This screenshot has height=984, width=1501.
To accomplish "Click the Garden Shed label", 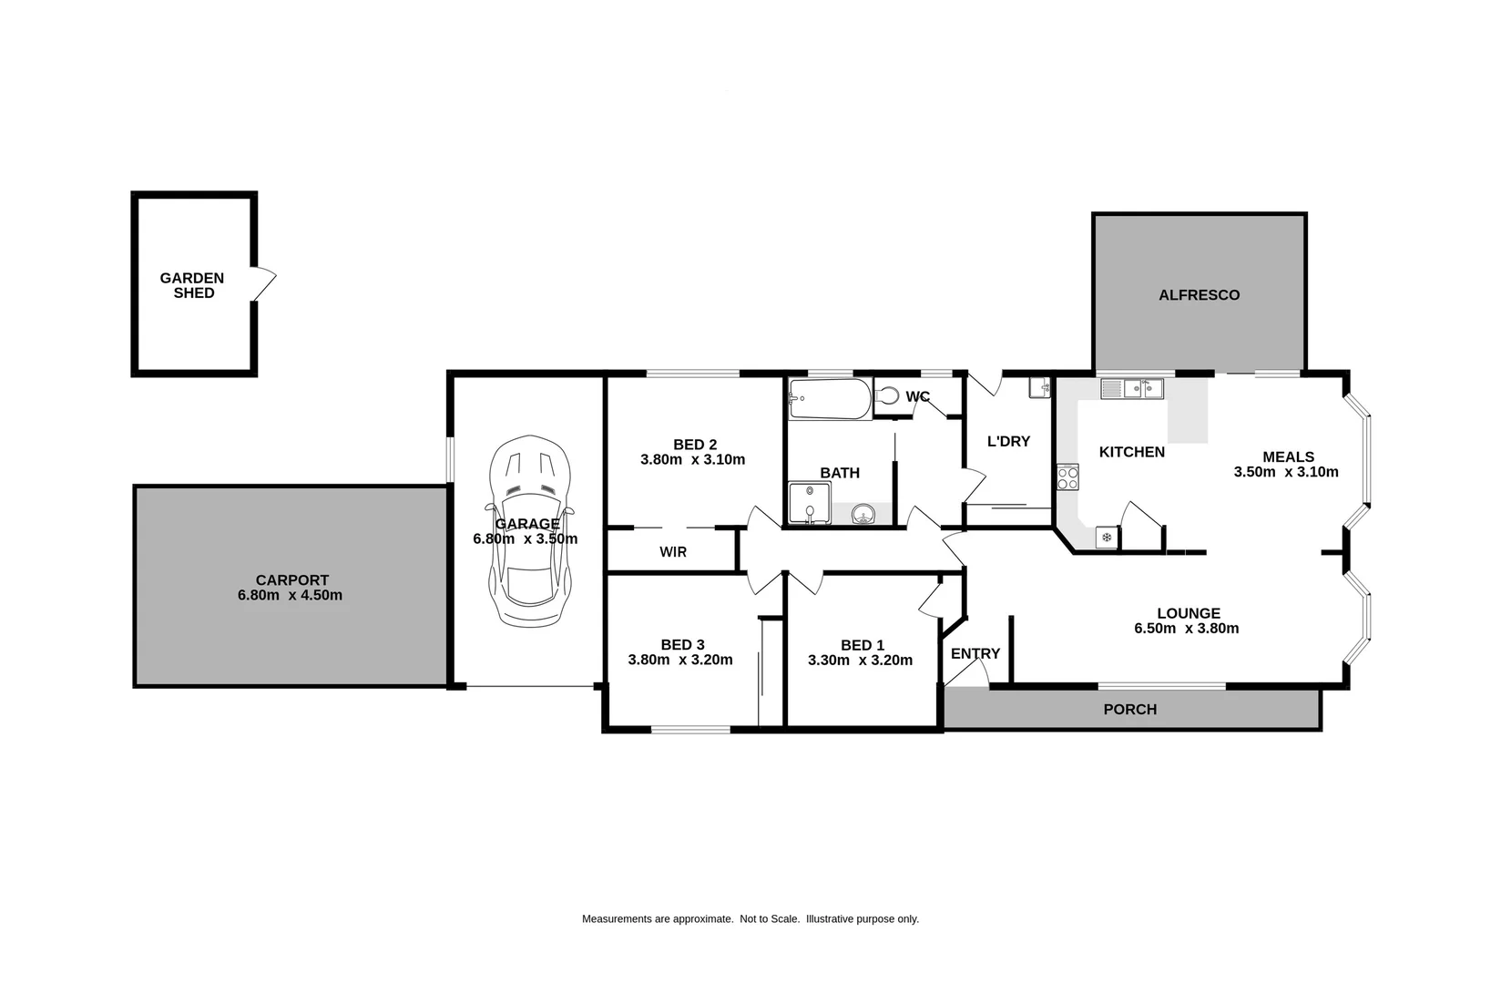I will pyautogui.click(x=192, y=285).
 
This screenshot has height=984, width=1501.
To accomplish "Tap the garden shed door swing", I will pyautogui.click(x=263, y=284).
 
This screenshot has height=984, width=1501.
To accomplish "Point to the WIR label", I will pyautogui.click(x=673, y=552).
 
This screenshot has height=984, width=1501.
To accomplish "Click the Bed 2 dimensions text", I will pyautogui.click(x=692, y=460).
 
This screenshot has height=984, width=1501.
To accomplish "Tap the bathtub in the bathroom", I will pyautogui.click(x=830, y=399).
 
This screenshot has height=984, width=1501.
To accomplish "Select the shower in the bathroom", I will pyautogui.click(x=809, y=504).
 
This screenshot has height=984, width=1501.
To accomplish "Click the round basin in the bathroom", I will pyautogui.click(x=862, y=516).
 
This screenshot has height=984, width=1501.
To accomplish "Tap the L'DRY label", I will pyautogui.click(x=1008, y=442).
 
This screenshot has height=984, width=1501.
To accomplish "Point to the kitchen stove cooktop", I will pyautogui.click(x=1067, y=477).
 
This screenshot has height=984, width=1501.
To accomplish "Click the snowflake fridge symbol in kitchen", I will pyautogui.click(x=1107, y=538).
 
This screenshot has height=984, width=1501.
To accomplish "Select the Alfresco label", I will pyautogui.click(x=1199, y=295).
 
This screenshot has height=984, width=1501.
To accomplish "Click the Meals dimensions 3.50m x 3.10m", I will pyautogui.click(x=1286, y=472).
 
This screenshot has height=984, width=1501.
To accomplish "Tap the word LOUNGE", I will pyautogui.click(x=1188, y=613).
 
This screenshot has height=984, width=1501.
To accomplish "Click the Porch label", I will pyautogui.click(x=1129, y=710).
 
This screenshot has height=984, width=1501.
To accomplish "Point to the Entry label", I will pyautogui.click(x=975, y=654).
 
